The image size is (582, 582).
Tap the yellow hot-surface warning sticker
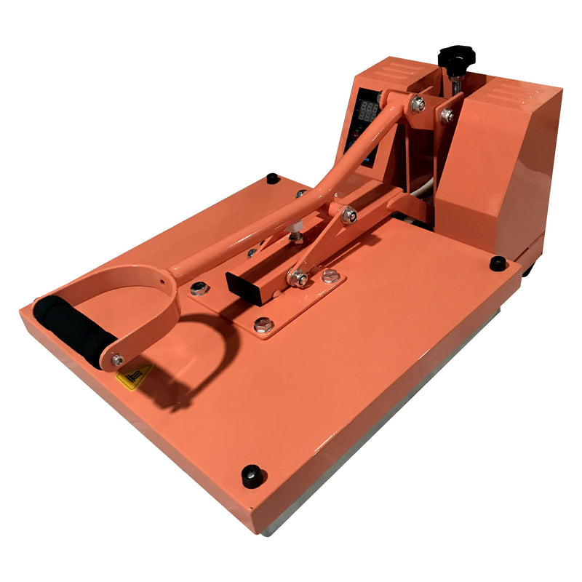click(x=135, y=375)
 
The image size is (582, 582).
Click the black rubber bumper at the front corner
click(x=252, y=474)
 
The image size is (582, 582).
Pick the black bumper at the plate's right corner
click(x=498, y=263)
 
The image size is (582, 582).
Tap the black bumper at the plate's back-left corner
click(x=273, y=178)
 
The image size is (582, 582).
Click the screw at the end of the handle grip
click(x=117, y=359)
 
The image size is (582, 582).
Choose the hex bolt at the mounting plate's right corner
click(x=330, y=276)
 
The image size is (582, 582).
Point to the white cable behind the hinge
click(x=424, y=191)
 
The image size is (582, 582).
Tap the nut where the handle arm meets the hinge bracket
click(x=418, y=104)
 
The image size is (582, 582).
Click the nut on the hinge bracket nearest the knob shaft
click(x=446, y=115)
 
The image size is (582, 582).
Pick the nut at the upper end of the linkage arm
click(x=348, y=215)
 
